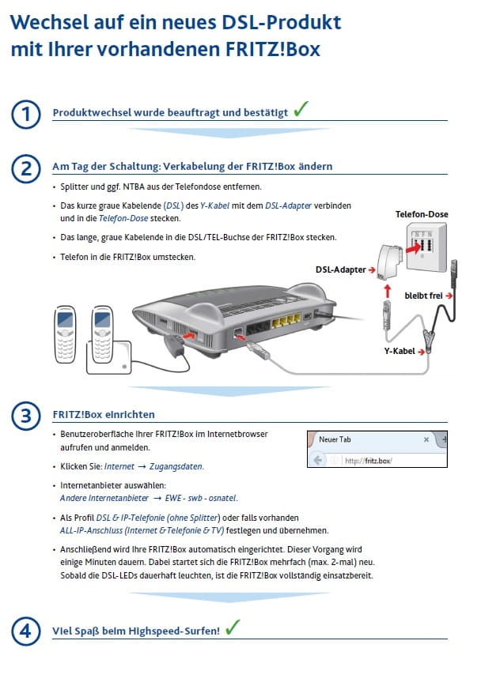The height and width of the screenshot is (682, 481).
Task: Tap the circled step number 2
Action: click(x=27, y=168)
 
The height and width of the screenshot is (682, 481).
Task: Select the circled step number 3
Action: click(x=27, y=414)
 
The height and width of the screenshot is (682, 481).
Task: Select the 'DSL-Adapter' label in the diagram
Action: click(x=340, y=269)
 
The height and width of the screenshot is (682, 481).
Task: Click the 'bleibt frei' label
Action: click(x=429, y=295)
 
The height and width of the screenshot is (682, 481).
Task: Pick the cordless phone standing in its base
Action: click(x=104, y=332)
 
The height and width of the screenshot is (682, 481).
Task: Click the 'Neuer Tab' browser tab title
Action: click(x=338, y=439)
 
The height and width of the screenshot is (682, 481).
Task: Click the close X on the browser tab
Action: click(x=426, y=439)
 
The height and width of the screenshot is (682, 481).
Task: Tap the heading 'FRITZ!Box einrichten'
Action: click(x=104, y=414)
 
